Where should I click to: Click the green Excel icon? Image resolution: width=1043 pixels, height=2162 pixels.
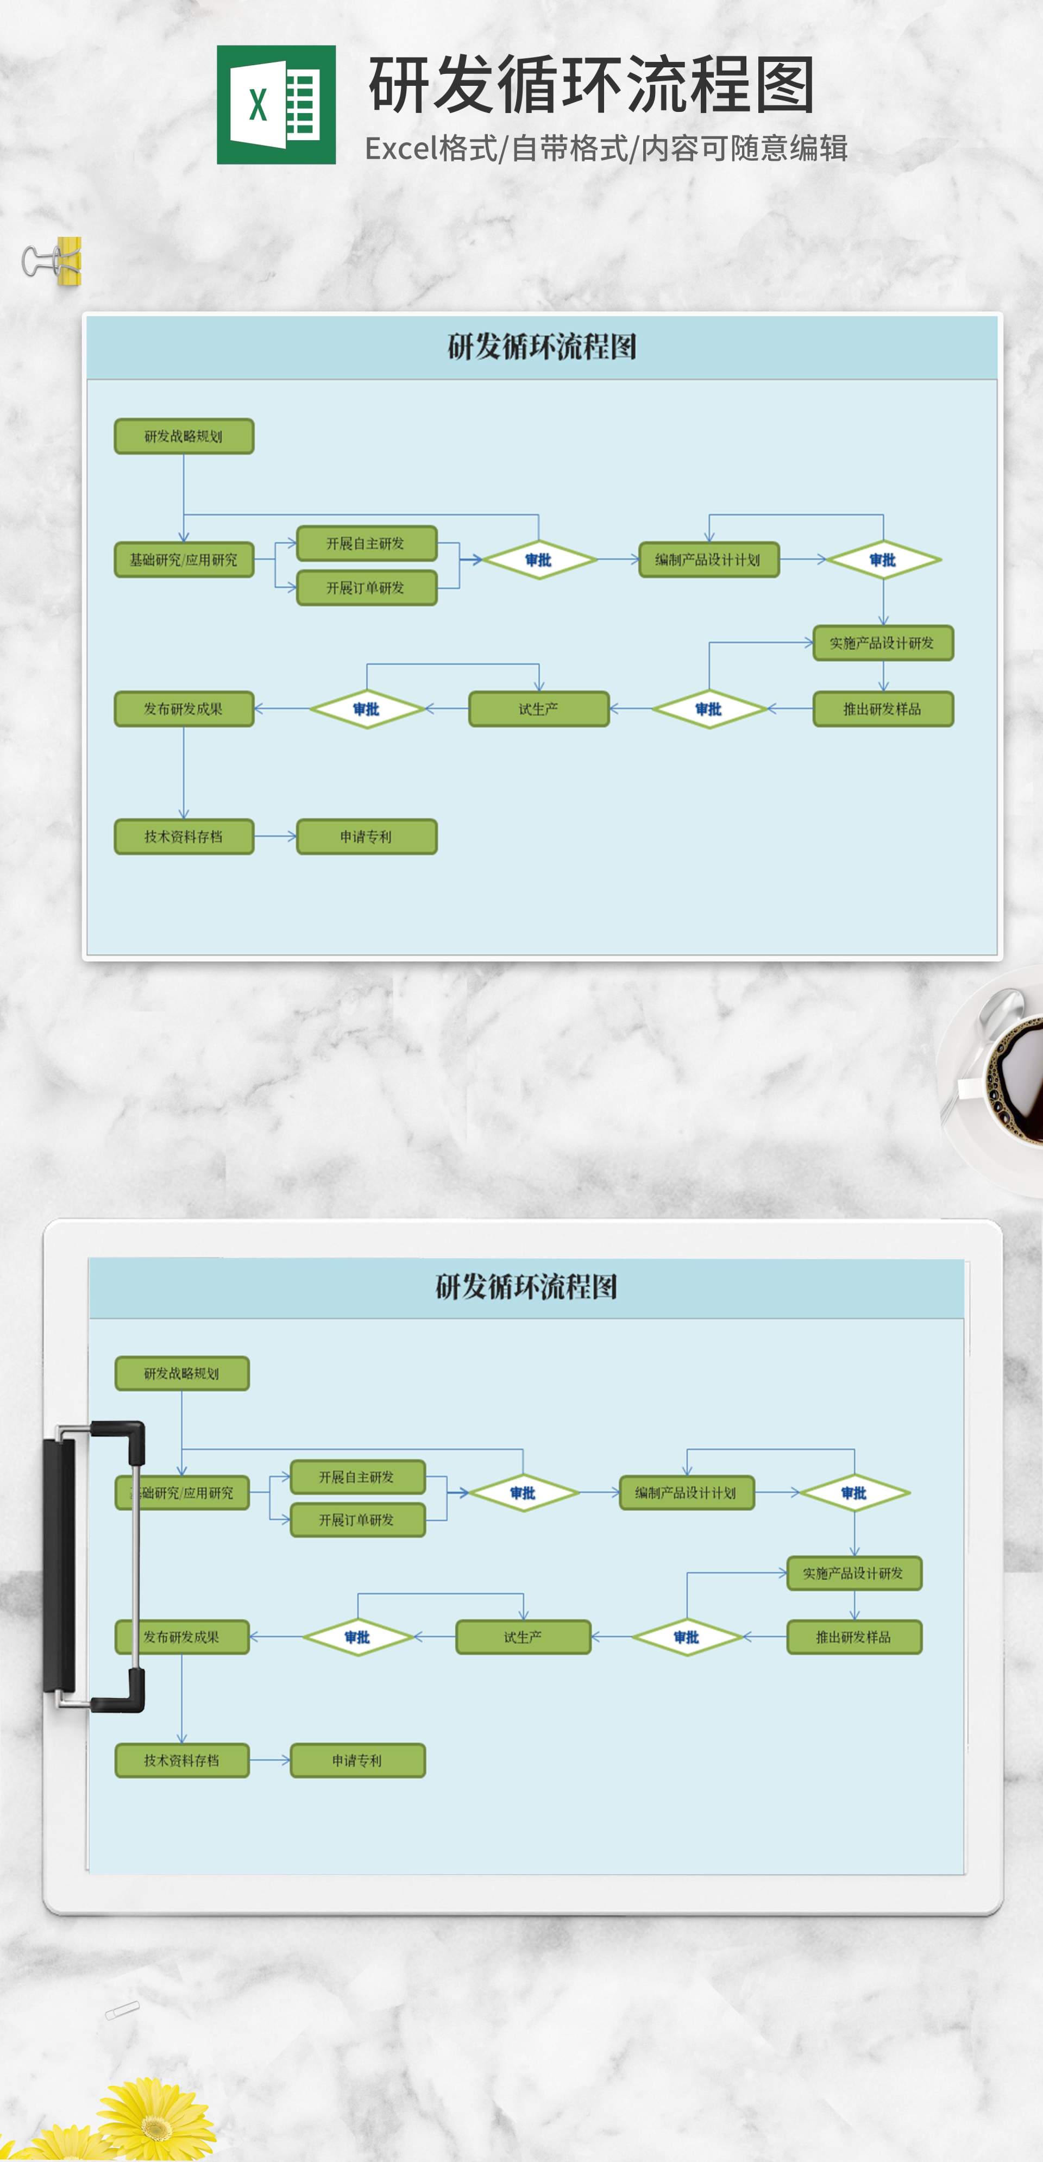[276, 105]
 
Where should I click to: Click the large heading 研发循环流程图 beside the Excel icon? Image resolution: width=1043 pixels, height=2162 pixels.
[592, 86]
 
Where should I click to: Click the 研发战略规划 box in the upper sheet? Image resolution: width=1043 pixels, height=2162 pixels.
[184, 436]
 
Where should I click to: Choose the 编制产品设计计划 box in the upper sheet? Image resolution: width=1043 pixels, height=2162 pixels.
[708, 560]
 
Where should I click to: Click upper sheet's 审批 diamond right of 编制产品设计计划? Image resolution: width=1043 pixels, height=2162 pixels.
[883, 560]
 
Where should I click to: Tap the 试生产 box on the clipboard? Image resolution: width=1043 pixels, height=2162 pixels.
[523, 1637]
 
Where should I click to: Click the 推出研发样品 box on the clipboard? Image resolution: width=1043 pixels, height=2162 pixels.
[853, 1637]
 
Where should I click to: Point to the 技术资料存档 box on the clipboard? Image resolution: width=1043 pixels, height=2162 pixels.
[182, 1760]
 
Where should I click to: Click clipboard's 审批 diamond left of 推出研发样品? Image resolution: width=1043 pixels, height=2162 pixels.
[687, 1637]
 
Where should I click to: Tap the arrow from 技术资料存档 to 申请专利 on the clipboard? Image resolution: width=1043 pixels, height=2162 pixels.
[269, 1760]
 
